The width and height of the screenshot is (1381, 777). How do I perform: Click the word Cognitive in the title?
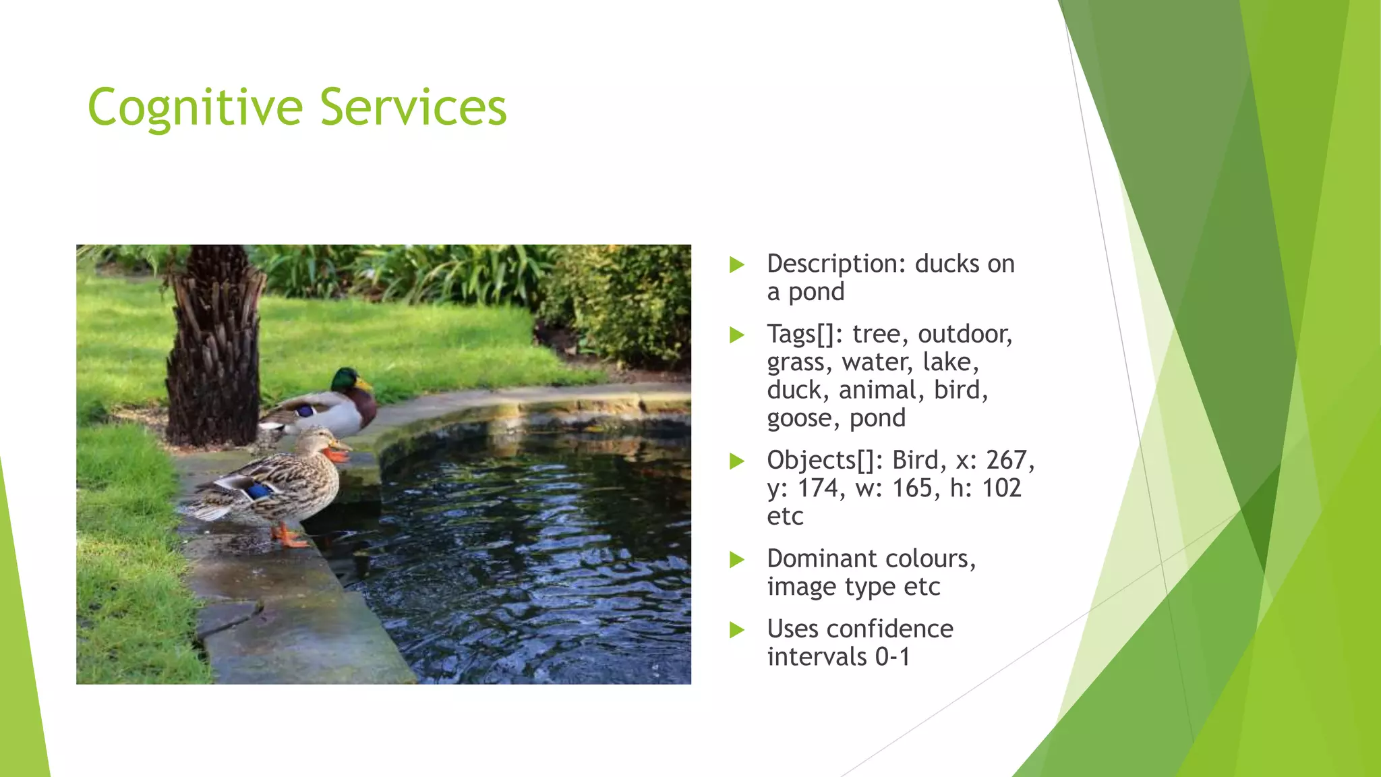196,108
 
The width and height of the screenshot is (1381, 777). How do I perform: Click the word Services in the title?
413,108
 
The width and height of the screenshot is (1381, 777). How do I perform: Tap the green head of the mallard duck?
346,380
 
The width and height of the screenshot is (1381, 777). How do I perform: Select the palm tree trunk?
214,351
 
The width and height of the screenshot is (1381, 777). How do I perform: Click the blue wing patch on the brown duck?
258,491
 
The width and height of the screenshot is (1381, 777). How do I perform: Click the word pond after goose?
877,419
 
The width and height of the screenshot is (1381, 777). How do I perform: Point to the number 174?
818,488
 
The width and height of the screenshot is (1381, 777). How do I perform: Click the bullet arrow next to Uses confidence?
737,630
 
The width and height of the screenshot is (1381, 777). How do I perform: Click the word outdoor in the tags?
964,335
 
